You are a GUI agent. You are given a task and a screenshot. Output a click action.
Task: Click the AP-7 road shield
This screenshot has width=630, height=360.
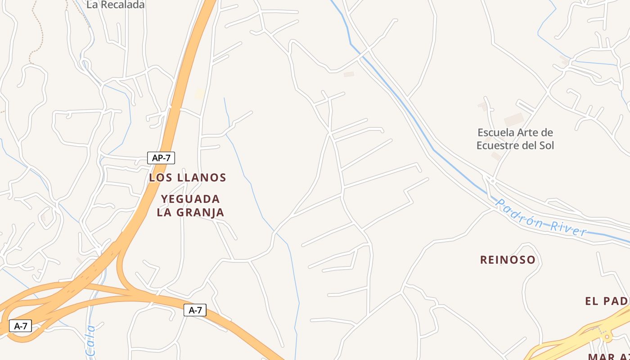[161, 158]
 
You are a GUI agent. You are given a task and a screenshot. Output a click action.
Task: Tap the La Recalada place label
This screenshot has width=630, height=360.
[116, 5]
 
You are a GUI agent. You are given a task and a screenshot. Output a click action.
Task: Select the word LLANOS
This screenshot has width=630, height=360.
[202, 178]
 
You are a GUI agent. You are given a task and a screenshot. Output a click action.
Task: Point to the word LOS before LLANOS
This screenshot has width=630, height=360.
[161, 178]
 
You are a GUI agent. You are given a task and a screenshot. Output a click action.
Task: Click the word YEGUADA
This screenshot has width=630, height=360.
[190, 199]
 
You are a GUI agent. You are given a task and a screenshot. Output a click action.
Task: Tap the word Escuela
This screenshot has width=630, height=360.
[495, 133]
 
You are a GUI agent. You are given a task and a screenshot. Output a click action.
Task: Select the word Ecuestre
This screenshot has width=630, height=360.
[499, 145]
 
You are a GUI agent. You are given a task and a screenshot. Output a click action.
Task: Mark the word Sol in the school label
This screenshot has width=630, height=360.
[546, 145]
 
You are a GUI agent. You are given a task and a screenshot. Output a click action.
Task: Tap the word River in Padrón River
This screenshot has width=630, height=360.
[568, 227]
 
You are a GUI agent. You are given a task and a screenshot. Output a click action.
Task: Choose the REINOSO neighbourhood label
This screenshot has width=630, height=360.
[508, 260]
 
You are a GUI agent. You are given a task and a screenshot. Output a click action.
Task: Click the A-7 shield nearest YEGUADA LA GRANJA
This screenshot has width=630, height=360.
[195, 310]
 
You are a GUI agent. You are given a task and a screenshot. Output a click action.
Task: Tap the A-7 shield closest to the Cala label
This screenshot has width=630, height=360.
[21, 326]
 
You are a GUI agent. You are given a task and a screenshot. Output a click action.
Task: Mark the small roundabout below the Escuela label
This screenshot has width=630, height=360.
[493, 181]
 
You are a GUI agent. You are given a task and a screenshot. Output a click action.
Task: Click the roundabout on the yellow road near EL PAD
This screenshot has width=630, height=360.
[607, 336]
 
